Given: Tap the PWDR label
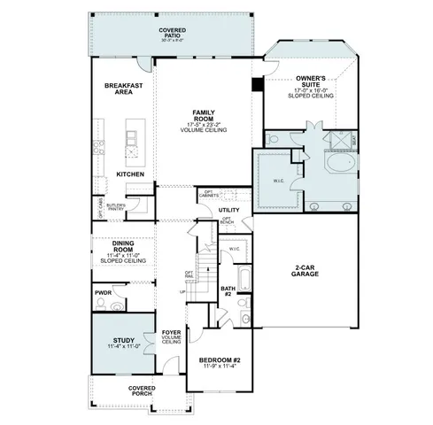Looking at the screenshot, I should tap(103, 291).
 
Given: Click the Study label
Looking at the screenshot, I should tap(124, 341).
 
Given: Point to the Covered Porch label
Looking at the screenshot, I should tap(142, 390).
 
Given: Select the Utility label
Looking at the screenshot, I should tap(229, 210).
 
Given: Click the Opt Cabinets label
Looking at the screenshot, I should tap(209, 195).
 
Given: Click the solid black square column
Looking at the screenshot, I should tap(257, 85).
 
